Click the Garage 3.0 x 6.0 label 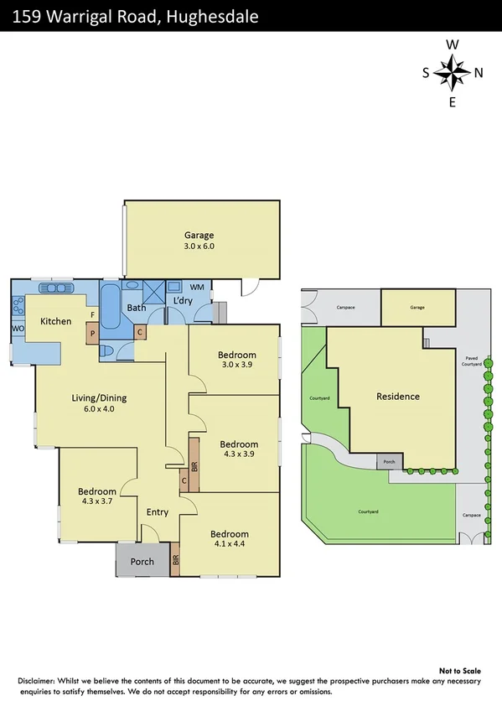coord(199,241)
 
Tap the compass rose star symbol coord(453,73)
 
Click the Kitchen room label coord(56,322)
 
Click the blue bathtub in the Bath coord(111,311)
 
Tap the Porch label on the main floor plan coord(142,561)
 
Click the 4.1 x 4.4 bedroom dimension coord(230,545)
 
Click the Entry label coord(158,512)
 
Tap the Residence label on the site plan coord(398,397)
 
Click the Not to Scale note coord(461,671)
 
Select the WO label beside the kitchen coord(16,329)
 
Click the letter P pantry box coord(92,333)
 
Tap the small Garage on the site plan coord(417,308)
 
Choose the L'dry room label coord(184,302)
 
